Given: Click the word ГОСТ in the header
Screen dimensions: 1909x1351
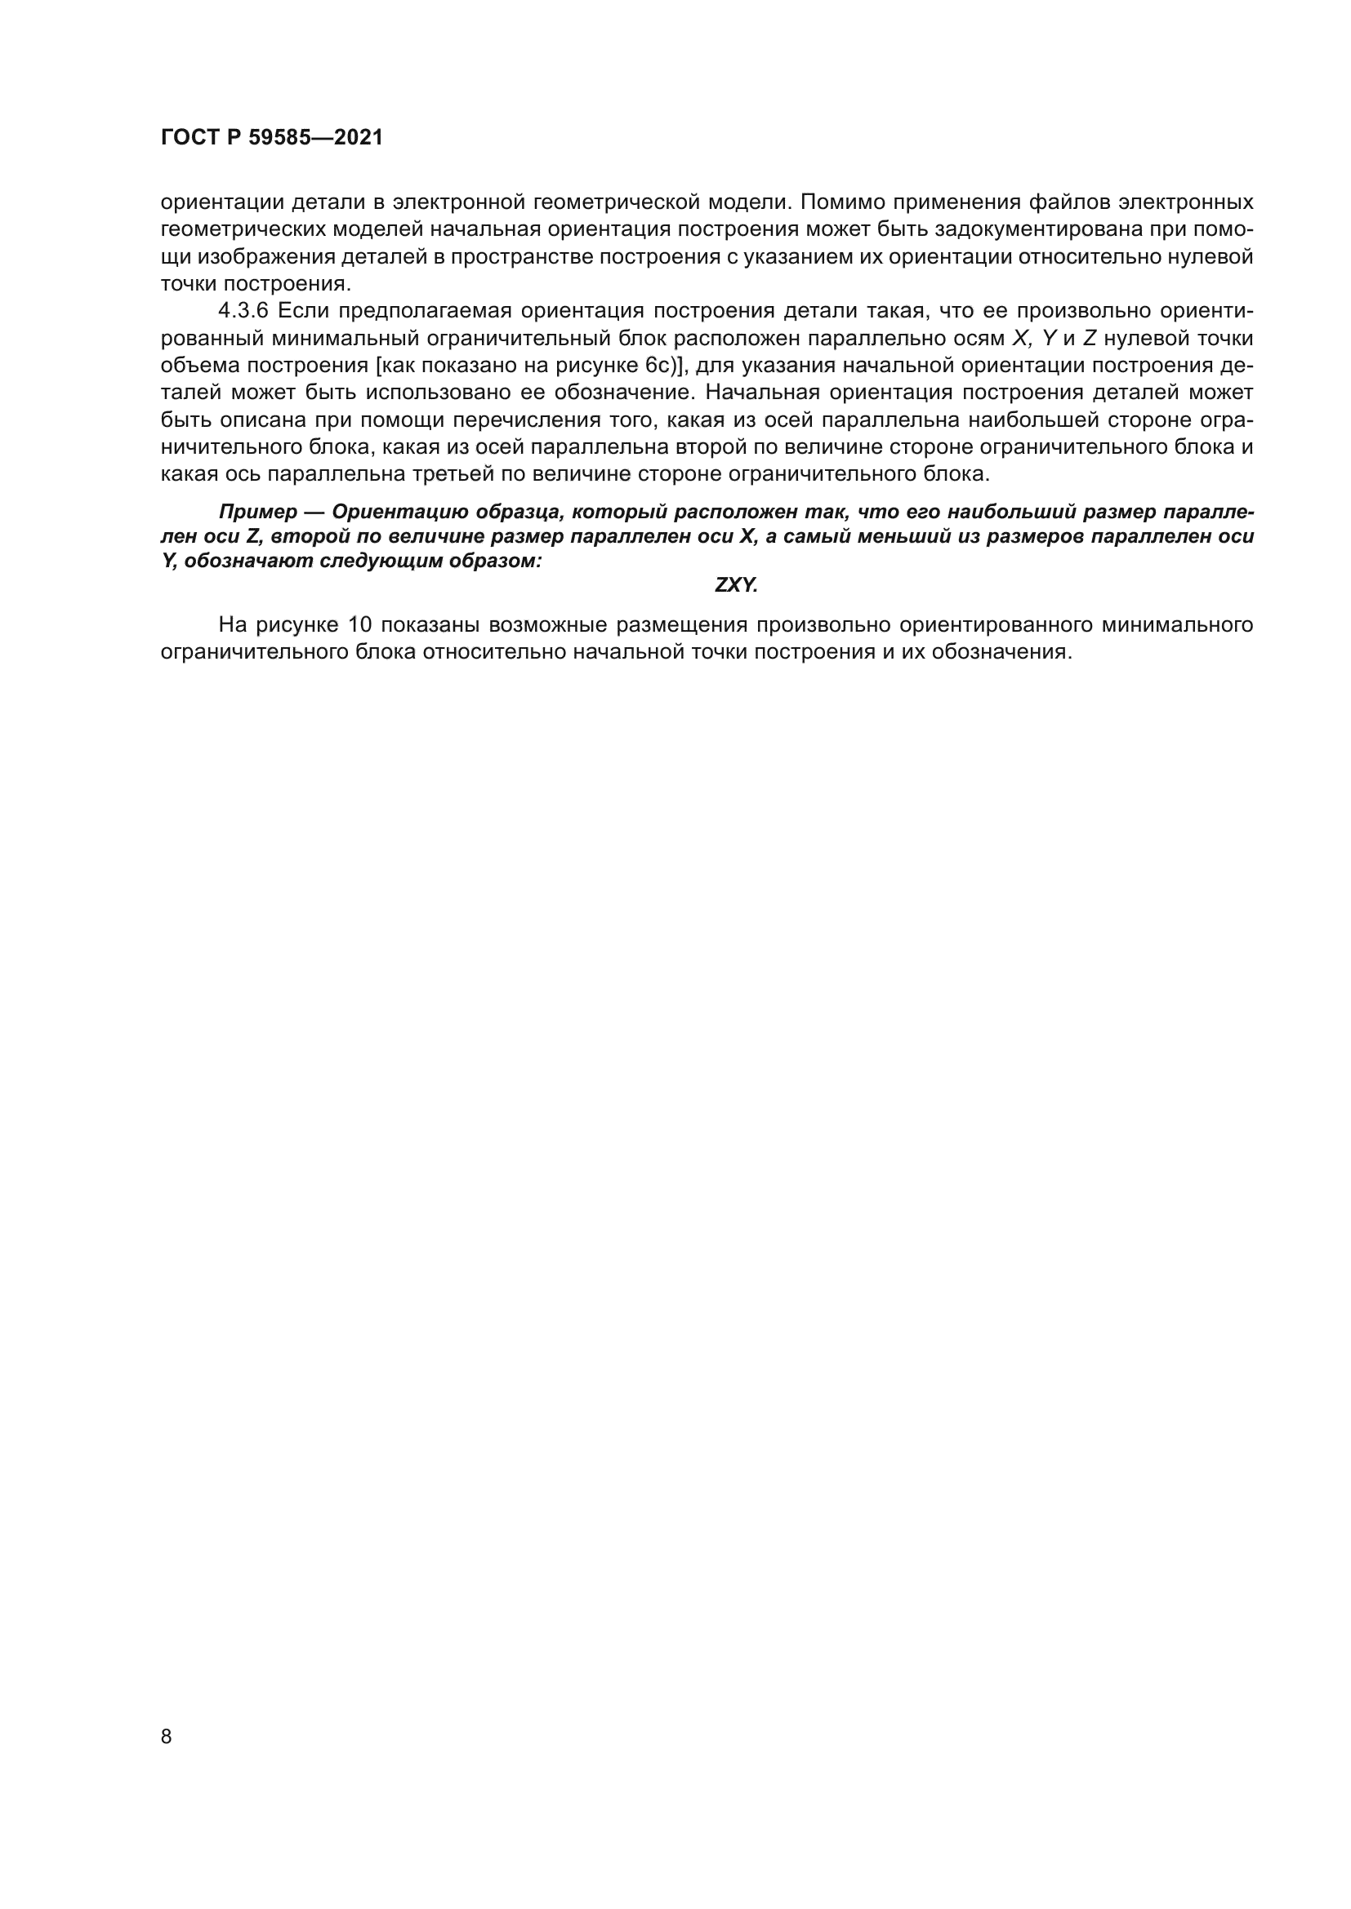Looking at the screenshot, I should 189,138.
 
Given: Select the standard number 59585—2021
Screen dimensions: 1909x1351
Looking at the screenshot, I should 316,138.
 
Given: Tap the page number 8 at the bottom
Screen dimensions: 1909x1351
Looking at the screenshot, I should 167,1737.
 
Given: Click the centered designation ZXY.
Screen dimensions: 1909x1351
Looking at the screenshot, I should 736,585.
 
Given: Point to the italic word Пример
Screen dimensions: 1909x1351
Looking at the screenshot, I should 258,512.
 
